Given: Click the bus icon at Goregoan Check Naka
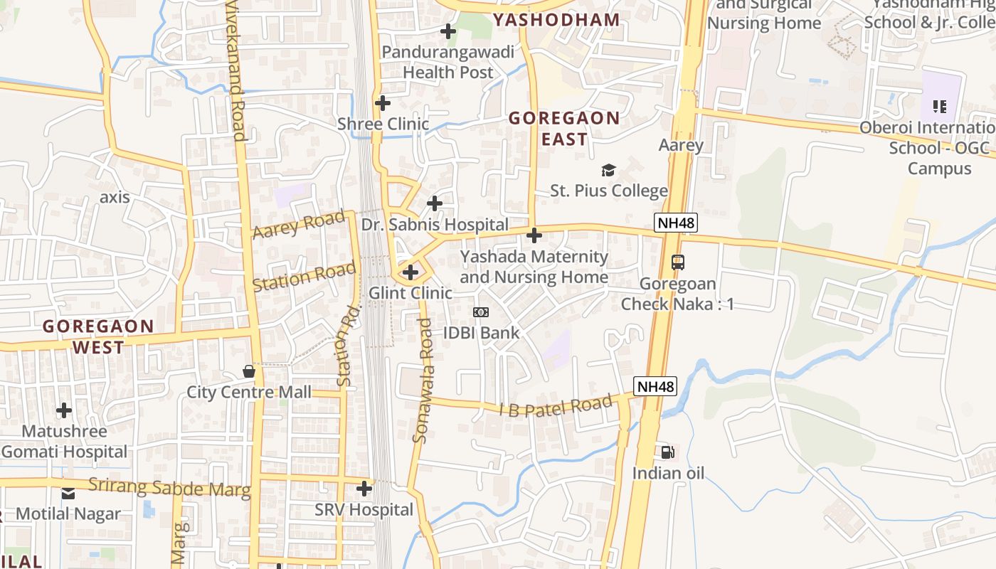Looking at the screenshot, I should tap(678, 262).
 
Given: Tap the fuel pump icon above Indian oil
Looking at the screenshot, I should tap(667, 452).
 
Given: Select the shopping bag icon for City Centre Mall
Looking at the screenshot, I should tap(249, 371).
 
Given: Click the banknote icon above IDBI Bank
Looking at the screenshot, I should tap(481, 312).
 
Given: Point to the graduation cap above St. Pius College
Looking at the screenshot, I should tap(608, 170).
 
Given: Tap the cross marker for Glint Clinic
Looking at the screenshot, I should tap(410, 272).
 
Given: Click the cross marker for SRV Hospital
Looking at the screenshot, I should tap(364, 489).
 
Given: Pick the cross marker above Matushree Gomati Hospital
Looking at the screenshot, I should tap(64, 410).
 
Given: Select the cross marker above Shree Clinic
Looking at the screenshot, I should tap(383, 103).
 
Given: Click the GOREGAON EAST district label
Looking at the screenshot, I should tap(564, 128).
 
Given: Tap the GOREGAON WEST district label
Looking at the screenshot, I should tap(98, 336).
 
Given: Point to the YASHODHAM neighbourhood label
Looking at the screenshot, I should tap(556, 20).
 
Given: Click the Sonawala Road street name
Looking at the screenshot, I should tap(423, 381).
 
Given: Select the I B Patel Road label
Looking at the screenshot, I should tap(555, 405).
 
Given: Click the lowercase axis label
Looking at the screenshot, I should tap(115, 197).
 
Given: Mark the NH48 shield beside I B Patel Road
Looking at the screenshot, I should tap(655, 387).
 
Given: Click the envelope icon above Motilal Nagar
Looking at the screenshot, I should tap(68, 493).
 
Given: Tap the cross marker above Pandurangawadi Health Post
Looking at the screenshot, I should tap(448, 31).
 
